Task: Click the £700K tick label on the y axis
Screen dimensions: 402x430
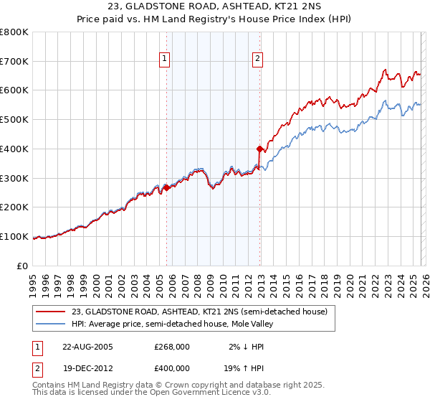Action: [x=14, y=62]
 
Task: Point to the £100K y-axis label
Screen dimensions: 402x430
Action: [x=14, y=237]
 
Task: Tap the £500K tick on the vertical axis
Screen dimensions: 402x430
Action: [x=14, y=120]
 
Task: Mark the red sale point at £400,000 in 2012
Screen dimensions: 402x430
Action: [x=259, y=149]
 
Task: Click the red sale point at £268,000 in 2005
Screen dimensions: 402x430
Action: [x=166, y=187]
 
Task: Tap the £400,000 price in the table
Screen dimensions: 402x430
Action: [x=172, y=368]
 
